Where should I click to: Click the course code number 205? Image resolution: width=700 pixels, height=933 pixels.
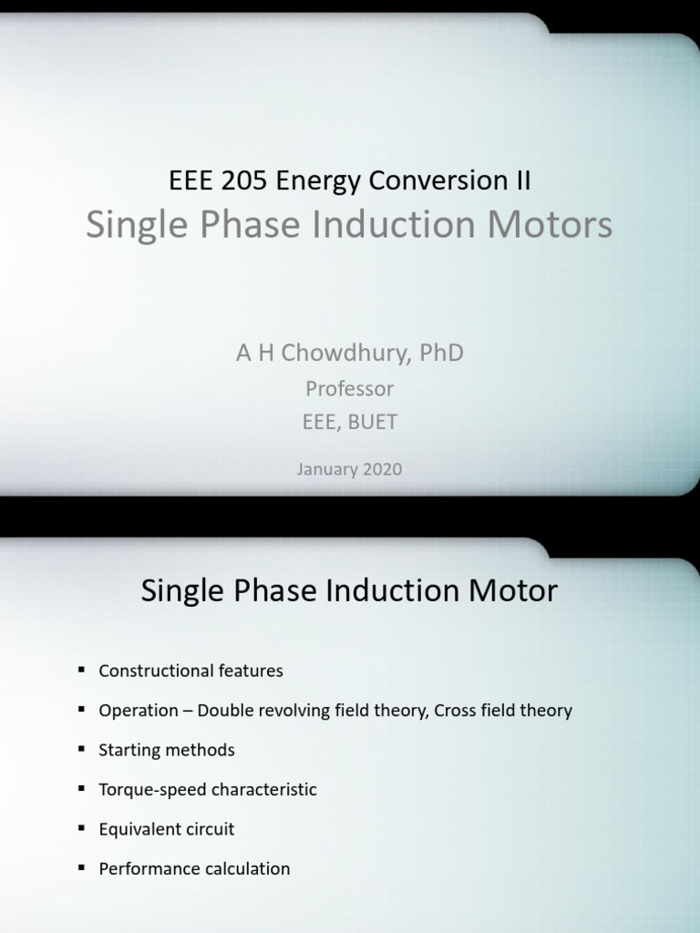tap(247, 180)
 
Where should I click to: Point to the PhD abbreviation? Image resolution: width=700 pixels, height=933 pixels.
tap(442, 353)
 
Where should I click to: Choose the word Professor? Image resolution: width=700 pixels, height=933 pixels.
tap(350, 389)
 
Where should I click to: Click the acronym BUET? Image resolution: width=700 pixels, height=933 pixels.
tap(373, 423)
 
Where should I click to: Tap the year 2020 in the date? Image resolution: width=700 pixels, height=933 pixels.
tap(384, 470)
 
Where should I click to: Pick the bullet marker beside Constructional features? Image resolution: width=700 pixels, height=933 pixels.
tap(80, 670)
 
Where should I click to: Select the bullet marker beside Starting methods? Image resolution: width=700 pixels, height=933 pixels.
tap(80, 749)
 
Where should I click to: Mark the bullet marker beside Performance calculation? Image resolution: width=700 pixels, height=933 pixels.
tap(80, 867)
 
